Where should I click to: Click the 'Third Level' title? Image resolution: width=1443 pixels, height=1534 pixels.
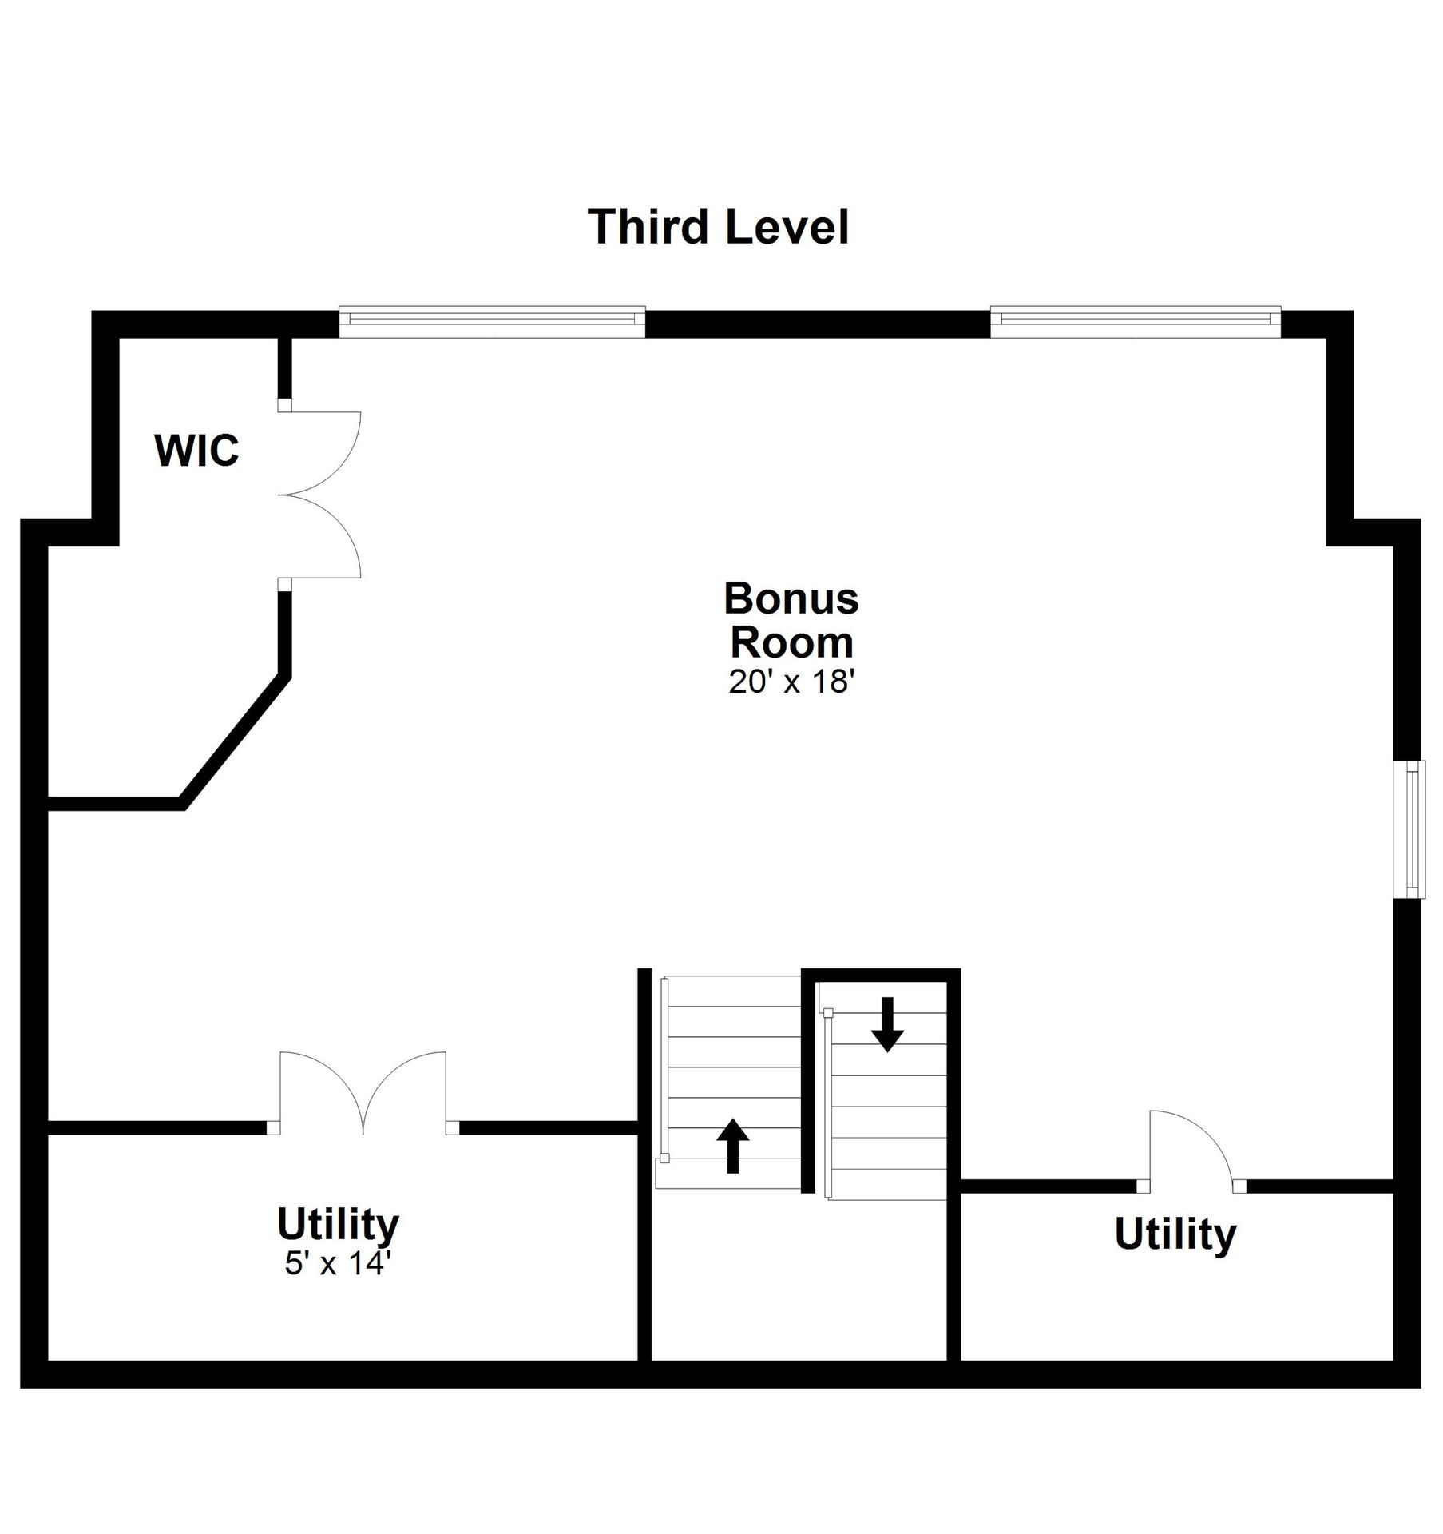pyautogui.click(x=718, y=227)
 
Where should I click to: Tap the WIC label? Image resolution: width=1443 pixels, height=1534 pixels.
pyautogui.click(x=196, y=451)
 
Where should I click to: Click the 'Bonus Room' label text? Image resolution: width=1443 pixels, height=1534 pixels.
pyautogui.click(x=791, y=620)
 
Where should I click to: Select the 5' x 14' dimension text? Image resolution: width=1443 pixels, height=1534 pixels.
pyautogui.click(x=337, y=1263)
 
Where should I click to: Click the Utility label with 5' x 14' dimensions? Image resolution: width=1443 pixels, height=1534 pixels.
pyautogui.click(x=338, y=1223)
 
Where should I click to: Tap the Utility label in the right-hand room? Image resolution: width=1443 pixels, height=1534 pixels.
pyautogui.click(x=1175, y=1234)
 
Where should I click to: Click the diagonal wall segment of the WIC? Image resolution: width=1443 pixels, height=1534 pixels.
pyautogui.click(x=234, y=741)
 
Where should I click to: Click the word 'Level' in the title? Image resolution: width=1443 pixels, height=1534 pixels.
pyautogui.click(x=787, y=227)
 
